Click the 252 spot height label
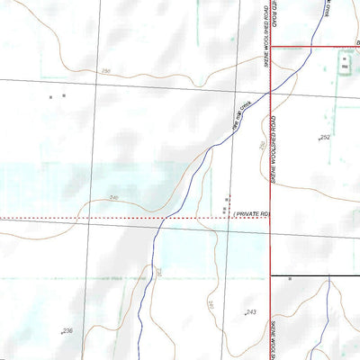coord(325,137)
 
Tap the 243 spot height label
coord(251,312)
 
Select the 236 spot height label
coord(67,331)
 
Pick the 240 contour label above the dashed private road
coord(113,198)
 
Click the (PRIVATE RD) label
coord(252,213)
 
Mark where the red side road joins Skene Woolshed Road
coord(271,45)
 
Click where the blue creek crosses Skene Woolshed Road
coord(271,89)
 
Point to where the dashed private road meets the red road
coord(271,217)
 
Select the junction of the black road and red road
coord(271,275)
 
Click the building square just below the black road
coord(290,279)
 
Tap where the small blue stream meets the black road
coord(328,275)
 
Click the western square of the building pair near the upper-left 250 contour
coord(51,96)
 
